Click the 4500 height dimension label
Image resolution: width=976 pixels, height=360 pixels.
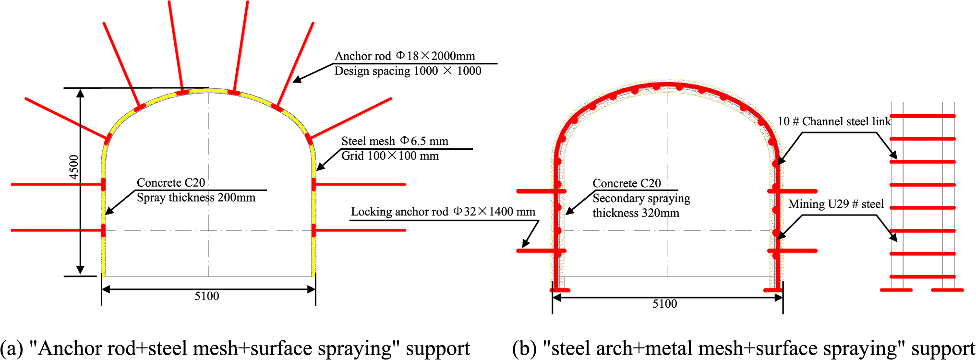coord(73,167)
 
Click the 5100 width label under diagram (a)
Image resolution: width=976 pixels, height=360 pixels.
coord(207,297)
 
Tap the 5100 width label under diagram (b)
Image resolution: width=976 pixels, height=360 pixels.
coord(665,304)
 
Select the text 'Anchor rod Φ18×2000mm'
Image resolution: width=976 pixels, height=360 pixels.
coord(405,56)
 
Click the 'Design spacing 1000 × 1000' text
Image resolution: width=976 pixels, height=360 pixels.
coord(408,71)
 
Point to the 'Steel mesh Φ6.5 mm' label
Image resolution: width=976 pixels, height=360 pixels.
coord(395,141)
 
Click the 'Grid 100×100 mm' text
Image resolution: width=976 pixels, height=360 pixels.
coord(390,156)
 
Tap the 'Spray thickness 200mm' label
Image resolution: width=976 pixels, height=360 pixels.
coord(196,198)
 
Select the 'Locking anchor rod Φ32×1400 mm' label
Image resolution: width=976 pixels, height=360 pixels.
coord(443,212)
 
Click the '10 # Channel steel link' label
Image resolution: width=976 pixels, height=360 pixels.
coord(834,121)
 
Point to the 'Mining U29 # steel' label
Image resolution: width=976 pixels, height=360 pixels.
coord(836,204)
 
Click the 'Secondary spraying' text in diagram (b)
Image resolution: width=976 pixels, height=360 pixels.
coord(641,198)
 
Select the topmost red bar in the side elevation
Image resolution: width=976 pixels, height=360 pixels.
coord(923,116)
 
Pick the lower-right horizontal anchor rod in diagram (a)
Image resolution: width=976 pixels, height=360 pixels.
coord(360,230)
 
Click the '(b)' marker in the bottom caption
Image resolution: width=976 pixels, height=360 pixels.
coord(524,349)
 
